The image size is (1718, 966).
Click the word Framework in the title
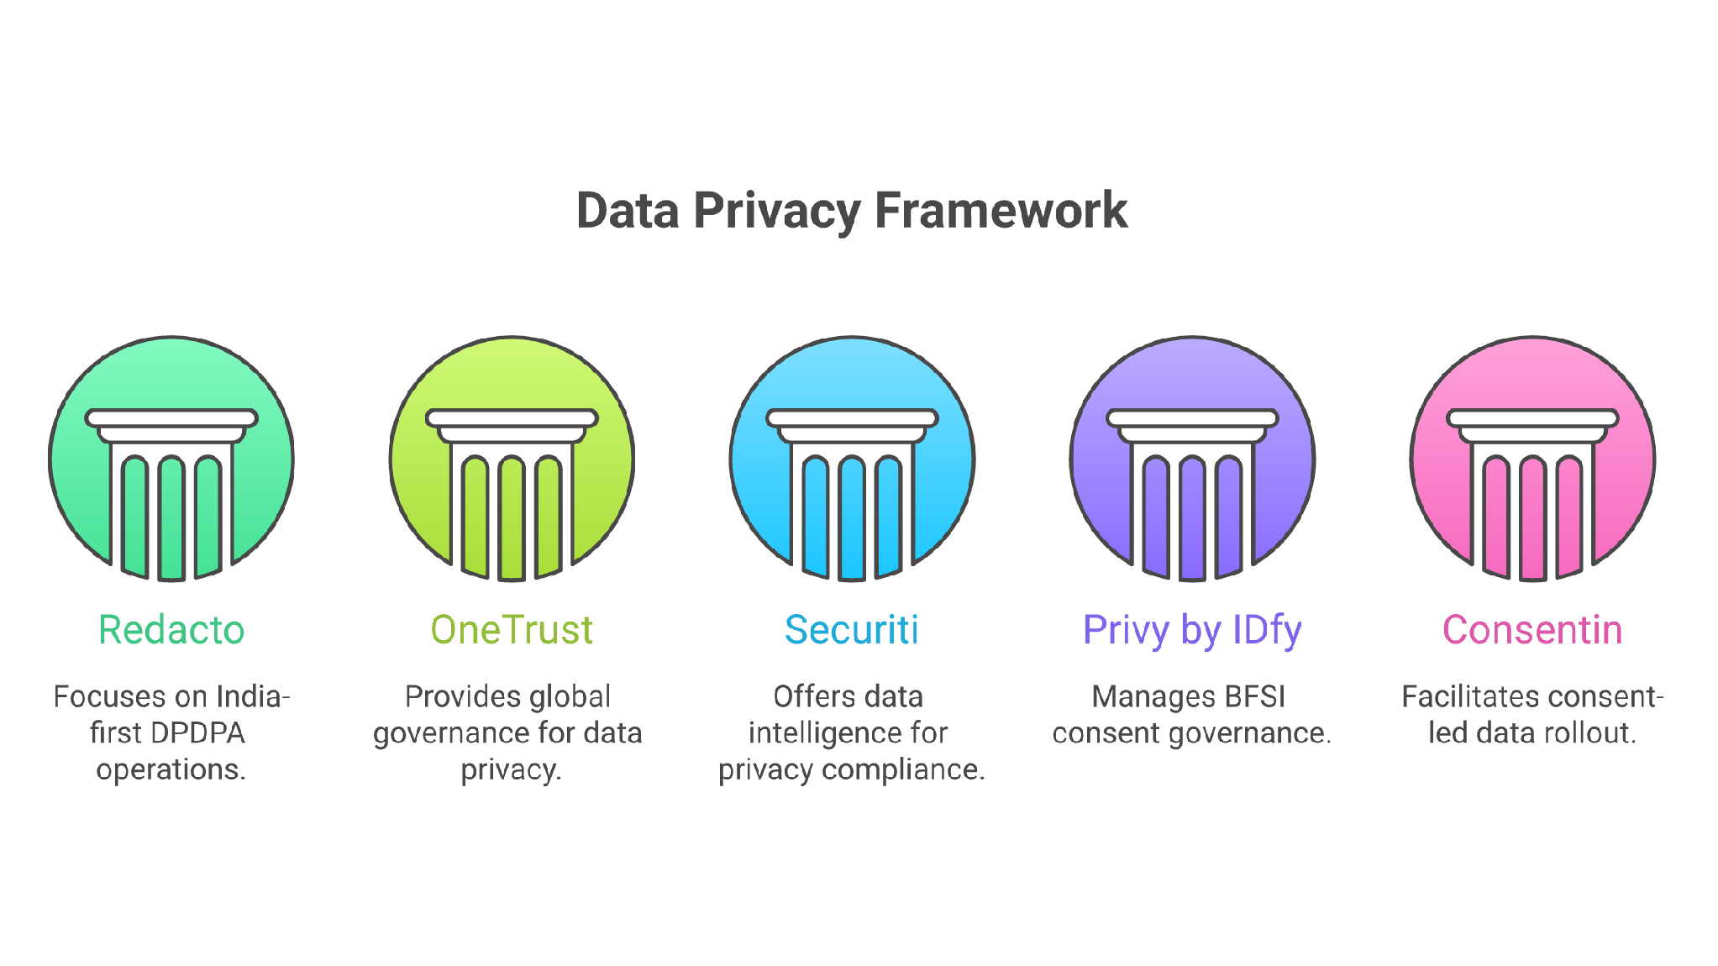click(x=1001, y=210)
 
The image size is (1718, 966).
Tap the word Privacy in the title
click(x=777, y=212)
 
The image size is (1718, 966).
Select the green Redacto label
click(x=171, y=630)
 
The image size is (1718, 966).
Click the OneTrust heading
click(x=512, y=630)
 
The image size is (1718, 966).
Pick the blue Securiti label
click(x=852, y=630)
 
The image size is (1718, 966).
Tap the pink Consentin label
click(x=1532, y=630)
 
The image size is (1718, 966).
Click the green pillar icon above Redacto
click(x=171, y=459)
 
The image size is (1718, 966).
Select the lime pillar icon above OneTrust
click(x=512, y=459)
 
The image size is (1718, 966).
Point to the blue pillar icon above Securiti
click(x=852, y=459)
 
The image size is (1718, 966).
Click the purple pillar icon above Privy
click(x=1192, y=459)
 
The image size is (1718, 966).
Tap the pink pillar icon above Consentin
click(x=1532, y=459)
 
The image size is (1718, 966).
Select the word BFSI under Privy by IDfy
click(x=1255, y=697)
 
